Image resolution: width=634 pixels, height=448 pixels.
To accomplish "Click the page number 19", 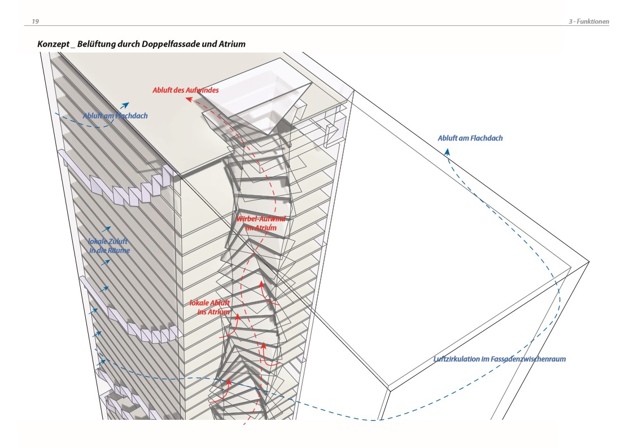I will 35,21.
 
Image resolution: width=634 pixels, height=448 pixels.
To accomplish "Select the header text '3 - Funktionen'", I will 588,21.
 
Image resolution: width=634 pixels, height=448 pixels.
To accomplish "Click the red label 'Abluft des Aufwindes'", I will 185,90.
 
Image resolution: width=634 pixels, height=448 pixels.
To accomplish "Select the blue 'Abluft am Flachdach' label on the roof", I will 115,116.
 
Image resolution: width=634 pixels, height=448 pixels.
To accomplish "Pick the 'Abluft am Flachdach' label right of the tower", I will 470,138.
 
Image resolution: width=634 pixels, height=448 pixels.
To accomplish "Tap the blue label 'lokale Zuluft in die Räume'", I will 110,245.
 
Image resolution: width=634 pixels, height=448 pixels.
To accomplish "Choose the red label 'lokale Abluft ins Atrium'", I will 210,308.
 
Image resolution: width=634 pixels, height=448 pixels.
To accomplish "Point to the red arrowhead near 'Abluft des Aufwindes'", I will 190,99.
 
